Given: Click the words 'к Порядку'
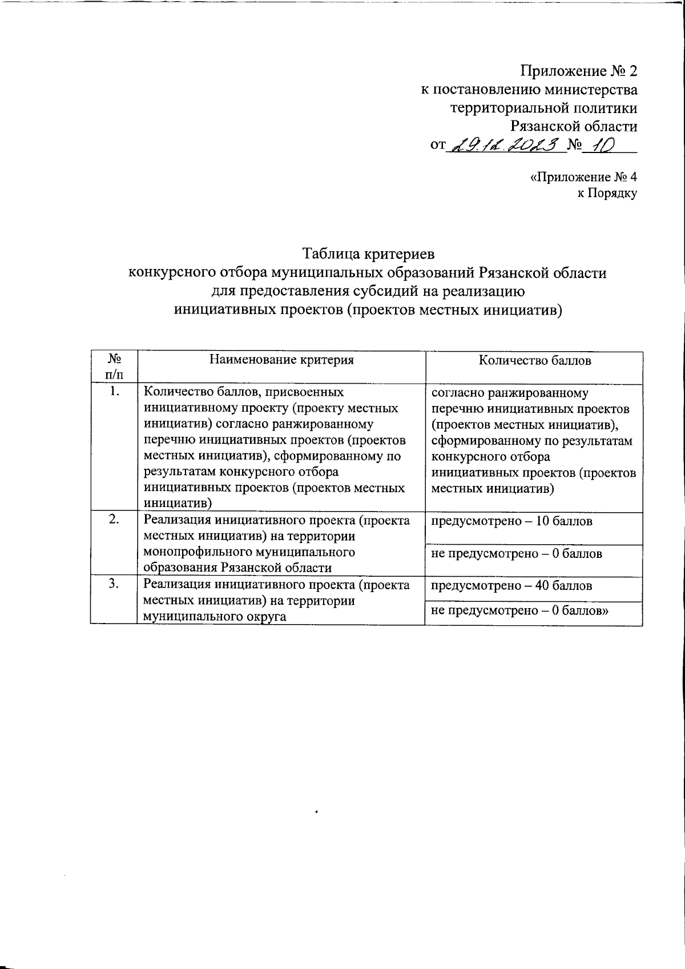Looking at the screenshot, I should [607, 193].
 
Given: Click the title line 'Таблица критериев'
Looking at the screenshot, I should [368, 253].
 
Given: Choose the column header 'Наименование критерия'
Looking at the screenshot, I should [281, 360].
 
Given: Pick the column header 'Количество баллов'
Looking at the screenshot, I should [534, 360].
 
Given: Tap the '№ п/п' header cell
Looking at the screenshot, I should [114, 367].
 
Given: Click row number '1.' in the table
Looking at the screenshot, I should [114, 392].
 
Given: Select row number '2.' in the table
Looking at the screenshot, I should [114, 520].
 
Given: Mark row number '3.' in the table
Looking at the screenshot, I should [114, 584].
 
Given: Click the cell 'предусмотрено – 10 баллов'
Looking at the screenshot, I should [511, 521].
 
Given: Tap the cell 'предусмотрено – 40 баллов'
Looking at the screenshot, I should [511, 585].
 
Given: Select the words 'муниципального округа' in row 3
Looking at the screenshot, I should [215, 617].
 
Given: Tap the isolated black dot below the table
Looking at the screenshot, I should [316, 810].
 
